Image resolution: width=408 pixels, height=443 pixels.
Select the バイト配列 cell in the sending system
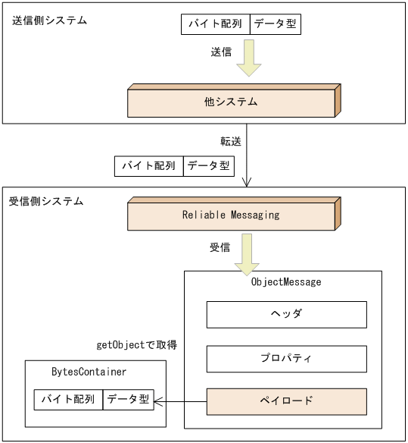(x=215, y=24)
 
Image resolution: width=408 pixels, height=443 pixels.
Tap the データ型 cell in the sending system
(x=275, y=24)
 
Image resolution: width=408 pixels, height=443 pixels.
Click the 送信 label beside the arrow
(x=221, y=53)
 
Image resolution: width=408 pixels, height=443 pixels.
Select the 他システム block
(x=232, y=102)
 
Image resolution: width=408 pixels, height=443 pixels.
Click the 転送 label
(x=230, y=141)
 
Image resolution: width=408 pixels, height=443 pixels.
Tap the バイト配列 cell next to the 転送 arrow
(x=149, y=165)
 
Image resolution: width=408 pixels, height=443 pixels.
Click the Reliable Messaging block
(x=231, y=215)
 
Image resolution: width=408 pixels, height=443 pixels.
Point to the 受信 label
(x=220, y=248)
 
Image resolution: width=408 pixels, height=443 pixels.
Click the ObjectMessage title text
(x=286, y=281)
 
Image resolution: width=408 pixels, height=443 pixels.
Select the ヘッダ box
(x=286, y=314)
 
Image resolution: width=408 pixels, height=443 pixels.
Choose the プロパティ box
(x=286, y=357)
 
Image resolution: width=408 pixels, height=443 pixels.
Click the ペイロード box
(x=286, y=401)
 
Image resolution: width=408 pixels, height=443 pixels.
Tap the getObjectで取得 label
(x=137, y=345)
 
